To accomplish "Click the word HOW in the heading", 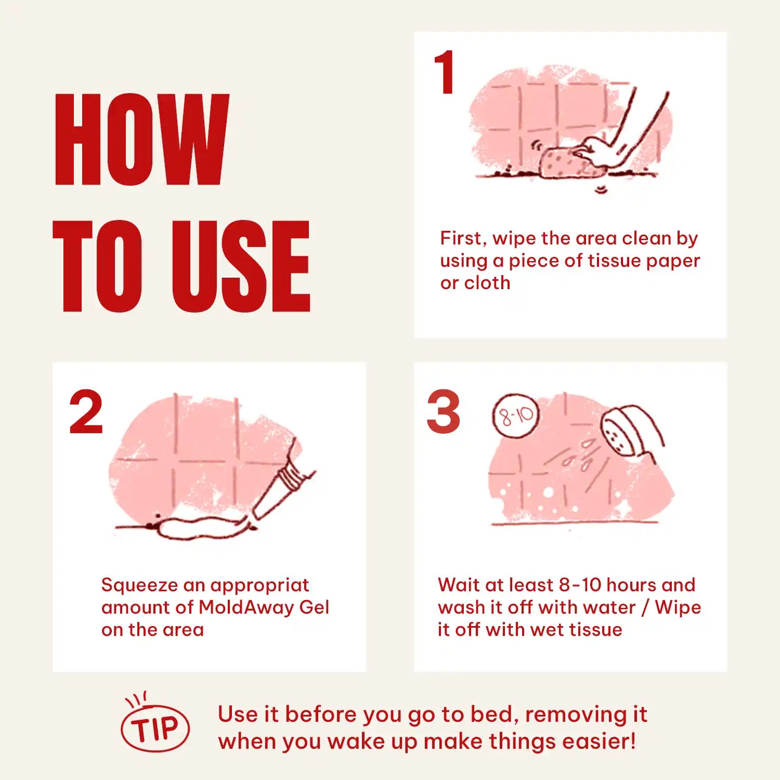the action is (x=141, y=139).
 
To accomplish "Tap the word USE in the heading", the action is (x=241, y=266).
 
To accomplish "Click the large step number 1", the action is (x=445, y=72).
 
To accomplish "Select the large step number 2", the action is (x=86, y=412).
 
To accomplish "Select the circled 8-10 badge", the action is (x=516, y=415).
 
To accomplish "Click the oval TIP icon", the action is (x=155, y=727).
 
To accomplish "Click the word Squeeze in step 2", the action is (x=139, y=586).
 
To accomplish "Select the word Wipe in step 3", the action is (x=678, y=608).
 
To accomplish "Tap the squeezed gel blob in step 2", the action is (x=203, y=528).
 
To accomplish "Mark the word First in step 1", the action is (x=463, y=239).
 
